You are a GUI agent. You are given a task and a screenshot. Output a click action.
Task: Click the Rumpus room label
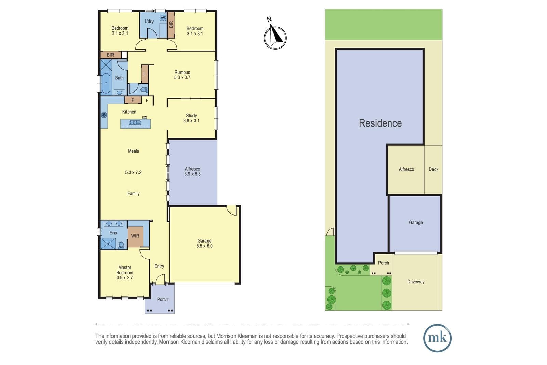click(x=182, y=72)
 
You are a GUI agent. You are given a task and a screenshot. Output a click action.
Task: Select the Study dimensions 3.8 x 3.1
click(x=191, y=121)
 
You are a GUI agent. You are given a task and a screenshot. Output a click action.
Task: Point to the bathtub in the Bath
click(x=106, y=83)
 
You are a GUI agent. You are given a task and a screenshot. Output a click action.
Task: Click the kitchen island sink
click(x=135, y=123)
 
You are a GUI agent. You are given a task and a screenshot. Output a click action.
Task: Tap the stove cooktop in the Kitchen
click(x=104, y=115)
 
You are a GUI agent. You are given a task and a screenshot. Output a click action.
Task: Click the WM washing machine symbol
click(x=163, y=17)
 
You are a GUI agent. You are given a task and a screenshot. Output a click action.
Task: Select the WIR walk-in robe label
click(x=135, y=236)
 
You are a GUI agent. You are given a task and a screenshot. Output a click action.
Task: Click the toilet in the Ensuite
click(x=121, y=245)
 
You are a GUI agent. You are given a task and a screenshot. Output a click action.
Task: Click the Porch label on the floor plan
click(x=162, y=300)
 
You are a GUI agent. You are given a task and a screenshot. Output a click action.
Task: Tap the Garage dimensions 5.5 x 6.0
click(x=204, y=246)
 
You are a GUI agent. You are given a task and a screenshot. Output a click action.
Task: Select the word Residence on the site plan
click(x=380, y=123)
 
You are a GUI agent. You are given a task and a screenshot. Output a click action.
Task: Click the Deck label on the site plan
click(x=433, y=169)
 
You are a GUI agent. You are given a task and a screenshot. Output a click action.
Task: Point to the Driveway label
click(x=416, y=282)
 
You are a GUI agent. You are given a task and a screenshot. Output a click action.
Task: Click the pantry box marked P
click(x=133, y=100)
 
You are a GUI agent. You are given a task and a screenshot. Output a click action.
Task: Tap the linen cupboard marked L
click(x=145, y=74)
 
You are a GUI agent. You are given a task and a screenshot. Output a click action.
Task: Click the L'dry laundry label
click(x=149, y=21)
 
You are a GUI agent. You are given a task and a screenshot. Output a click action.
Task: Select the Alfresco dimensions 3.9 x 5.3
click(x=192, y=174)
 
